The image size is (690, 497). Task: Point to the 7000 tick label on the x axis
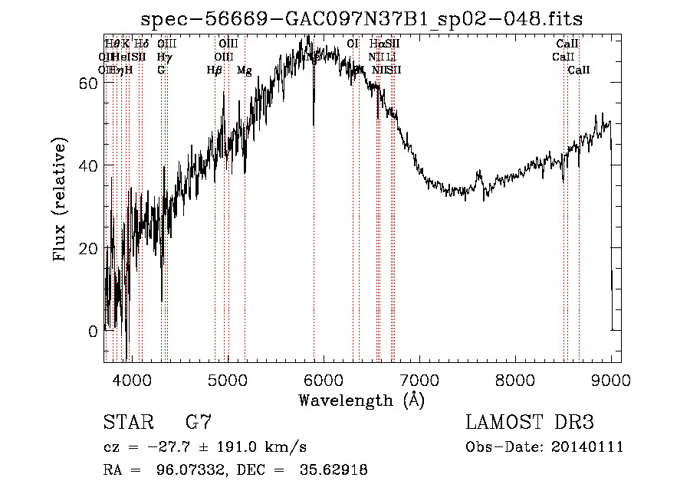click(x=419, y=378)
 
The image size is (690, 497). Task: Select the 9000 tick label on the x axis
click(x=610, y=378)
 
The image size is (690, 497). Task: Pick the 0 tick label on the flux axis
click(x=94, y=331)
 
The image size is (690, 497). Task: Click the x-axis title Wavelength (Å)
click(x=361, y=400)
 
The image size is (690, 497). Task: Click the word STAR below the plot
click(x=127, y=423)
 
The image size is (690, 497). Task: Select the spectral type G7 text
click(x=199, y=423)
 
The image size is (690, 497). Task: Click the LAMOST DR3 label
click(x=530, y=423)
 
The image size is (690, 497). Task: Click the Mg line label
click(x=244, y=70)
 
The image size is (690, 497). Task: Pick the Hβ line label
click(x=215, y=70)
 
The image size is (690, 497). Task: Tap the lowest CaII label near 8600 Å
click(x=579, y=70)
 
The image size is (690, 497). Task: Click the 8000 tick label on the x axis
click(x=514, y=378)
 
